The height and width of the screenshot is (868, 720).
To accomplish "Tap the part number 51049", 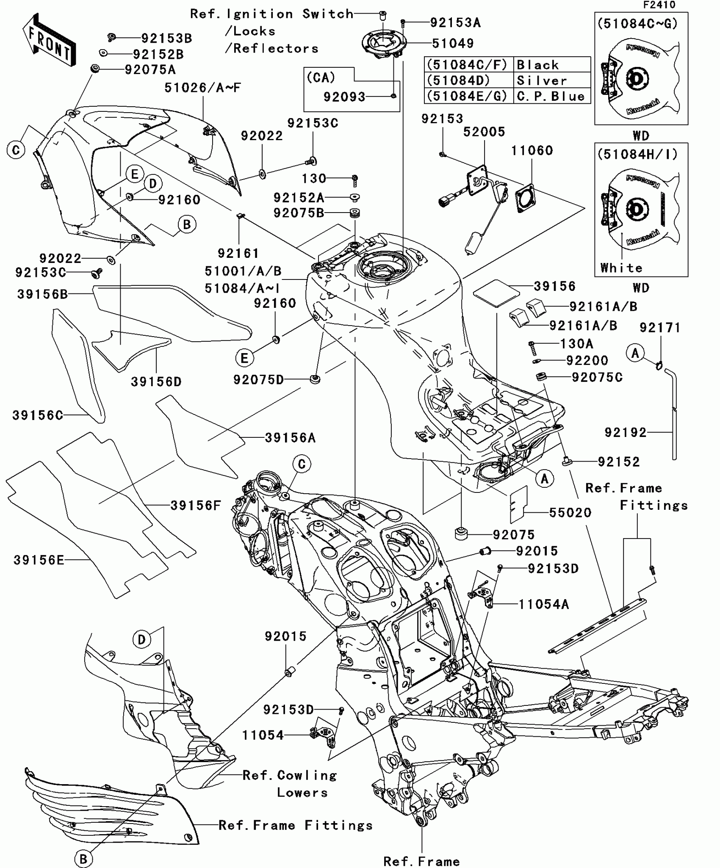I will click(x=452, y=43).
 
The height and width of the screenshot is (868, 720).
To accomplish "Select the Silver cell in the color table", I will click(x=542, y=80).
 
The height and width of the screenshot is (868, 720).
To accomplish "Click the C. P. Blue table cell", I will click(x=551, y=97).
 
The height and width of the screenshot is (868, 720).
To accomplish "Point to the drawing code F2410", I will click(x=659, y=5).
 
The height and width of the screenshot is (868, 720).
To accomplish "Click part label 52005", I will click(x=484, y=132).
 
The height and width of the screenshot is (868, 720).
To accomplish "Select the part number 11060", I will click(x=532, y=151).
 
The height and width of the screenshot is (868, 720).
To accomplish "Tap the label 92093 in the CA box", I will click(x=344, y=97).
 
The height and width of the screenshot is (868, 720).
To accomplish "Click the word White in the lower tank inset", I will click(x=621, y=268).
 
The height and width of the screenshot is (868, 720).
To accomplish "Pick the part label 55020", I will click(x=570, y=513).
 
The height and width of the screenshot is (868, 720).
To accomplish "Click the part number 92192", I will click(x=625, y=432).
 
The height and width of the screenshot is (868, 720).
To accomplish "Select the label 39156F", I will click(x=196, y=505).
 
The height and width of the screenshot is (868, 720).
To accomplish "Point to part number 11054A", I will click(x=544, y=604).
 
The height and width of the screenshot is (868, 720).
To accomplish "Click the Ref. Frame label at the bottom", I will click(x=421, y=861).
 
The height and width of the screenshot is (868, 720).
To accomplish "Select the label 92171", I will click(x=659, y=328).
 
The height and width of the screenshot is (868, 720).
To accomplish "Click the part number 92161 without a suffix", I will click(x=238, y=253).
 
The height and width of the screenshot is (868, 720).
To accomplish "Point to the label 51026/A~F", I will click(x=202, y=88).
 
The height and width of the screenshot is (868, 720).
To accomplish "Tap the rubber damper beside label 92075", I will click(x=462, y=534).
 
